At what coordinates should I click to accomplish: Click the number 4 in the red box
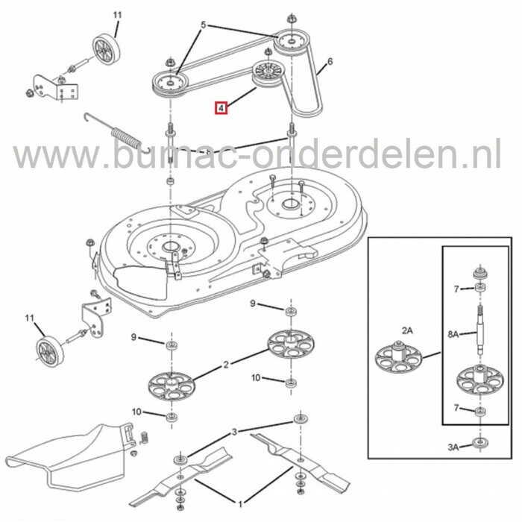tap(220, 108)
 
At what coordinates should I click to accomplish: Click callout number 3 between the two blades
tap(236, 431)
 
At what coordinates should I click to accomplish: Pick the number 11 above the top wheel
tap(116, 15)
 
